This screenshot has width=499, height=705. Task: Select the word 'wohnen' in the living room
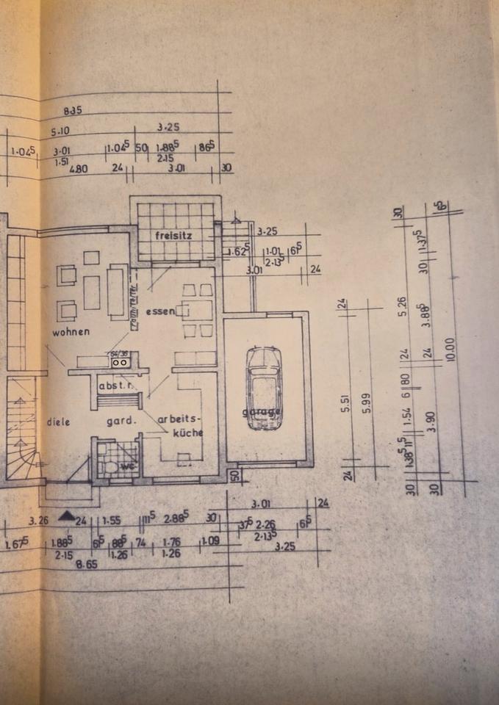click(x=71, y=332)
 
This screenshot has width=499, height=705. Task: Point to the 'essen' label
click(x=159, y=311)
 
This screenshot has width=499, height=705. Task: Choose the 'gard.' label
click(x=121, y=422)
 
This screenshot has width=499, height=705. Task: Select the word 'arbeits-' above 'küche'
click(x=179, y=420)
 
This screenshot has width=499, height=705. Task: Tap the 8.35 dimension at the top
click(x=73, y=111)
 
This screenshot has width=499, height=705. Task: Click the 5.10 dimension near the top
click(x=60, y=132)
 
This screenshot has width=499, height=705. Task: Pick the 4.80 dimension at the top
click(x=78, y=169)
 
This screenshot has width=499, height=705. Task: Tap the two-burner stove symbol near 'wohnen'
click(x=120, y=361)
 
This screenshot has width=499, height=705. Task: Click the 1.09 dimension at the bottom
click(x=210, y=540)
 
